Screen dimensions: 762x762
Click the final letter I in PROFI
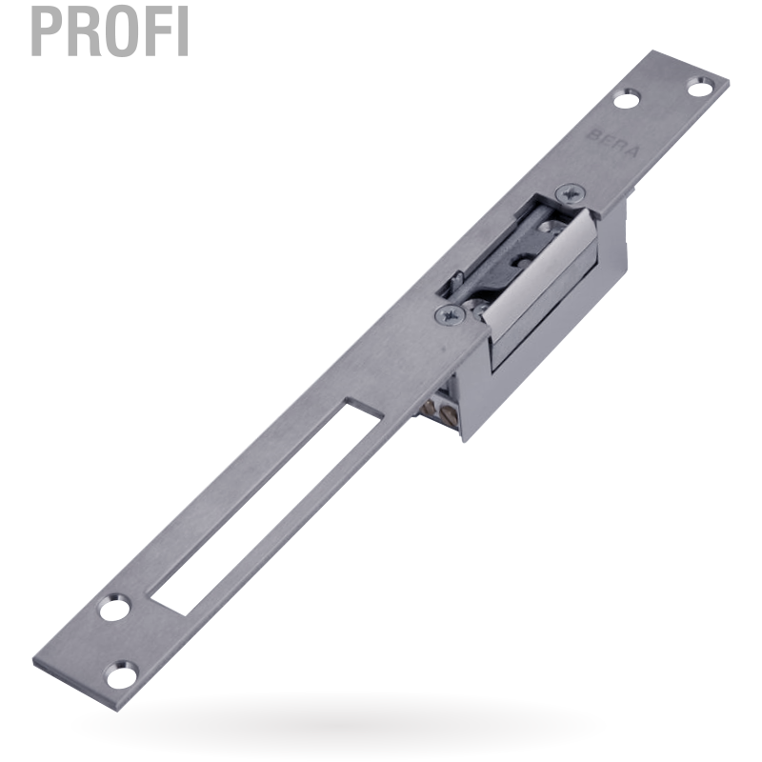(x=183, y=31)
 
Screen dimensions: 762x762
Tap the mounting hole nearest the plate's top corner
(x=700, y=87)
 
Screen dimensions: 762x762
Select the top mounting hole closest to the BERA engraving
(x=627, y=99)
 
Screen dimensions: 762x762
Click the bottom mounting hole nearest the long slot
(x=115, y=608)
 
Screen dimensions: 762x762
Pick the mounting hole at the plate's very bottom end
(x=122, y=675)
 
